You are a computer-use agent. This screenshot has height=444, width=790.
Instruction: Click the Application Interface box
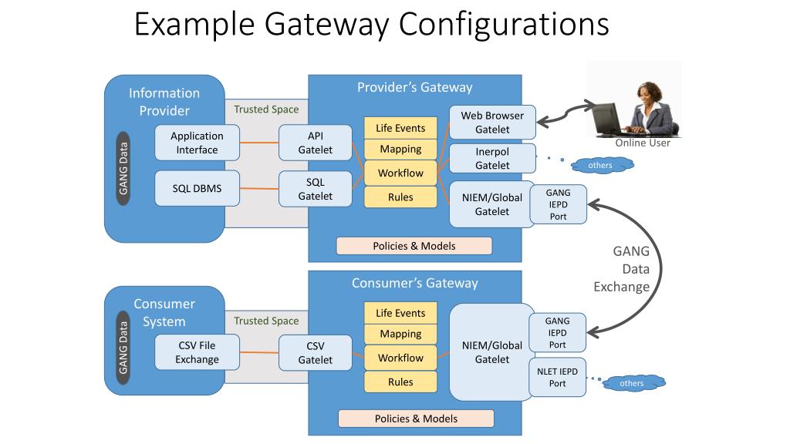coord(197,143)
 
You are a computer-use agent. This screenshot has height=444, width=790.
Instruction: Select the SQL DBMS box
coord(197,188)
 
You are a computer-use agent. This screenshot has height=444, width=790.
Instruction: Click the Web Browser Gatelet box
coord(492,122)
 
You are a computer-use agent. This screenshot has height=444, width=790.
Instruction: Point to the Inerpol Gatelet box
coord(492,159)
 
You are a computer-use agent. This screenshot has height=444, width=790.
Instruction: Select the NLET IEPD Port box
coord(557,377)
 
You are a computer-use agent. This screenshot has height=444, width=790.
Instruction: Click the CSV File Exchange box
coord(197,352)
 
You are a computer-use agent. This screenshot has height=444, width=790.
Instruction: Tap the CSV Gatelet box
coord(316,353)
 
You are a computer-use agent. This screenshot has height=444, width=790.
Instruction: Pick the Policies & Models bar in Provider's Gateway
coord(414,246)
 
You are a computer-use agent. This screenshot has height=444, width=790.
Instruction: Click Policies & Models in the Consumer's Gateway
coord(416,419)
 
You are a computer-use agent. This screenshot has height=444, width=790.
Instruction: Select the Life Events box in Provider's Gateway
coord(400,128)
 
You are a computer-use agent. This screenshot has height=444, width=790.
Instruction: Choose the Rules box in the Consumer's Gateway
coord(400,382)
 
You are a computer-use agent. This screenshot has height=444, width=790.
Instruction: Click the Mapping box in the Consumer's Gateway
coord(400,334)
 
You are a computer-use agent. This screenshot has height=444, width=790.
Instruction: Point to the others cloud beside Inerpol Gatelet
coord(600,165)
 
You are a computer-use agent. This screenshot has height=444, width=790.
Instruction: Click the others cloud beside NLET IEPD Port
coord(631,383)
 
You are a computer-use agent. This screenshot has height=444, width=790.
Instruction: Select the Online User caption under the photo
coord(643,143)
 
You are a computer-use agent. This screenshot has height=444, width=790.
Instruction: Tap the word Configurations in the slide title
coord(504,24)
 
